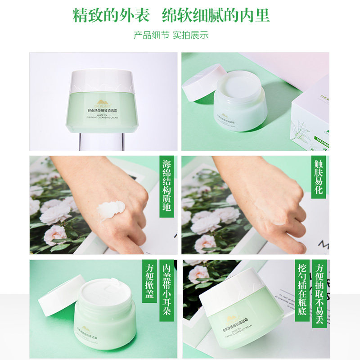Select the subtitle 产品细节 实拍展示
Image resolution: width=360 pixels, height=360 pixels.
(x=171, y=35)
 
